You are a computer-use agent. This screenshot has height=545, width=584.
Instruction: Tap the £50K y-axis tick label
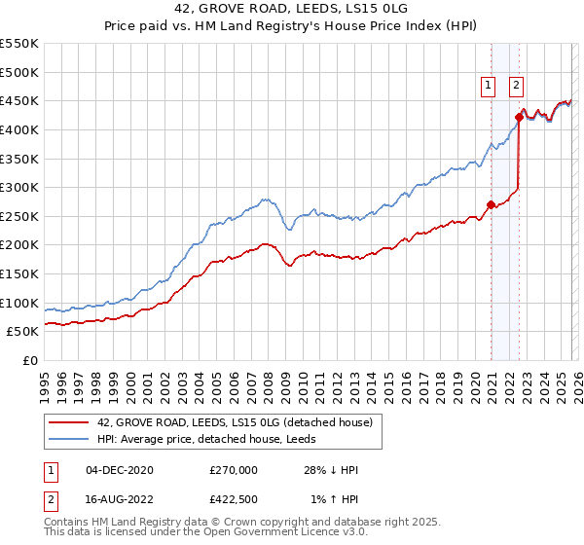coord(23,332)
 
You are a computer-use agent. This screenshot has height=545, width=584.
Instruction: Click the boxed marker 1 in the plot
coord(488,86)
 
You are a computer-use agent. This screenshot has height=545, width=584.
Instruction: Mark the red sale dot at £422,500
coord(519,117)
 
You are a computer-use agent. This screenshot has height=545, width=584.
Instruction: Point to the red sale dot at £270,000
coord(491,204)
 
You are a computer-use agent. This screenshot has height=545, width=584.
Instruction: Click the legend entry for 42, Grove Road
coord(235,422)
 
